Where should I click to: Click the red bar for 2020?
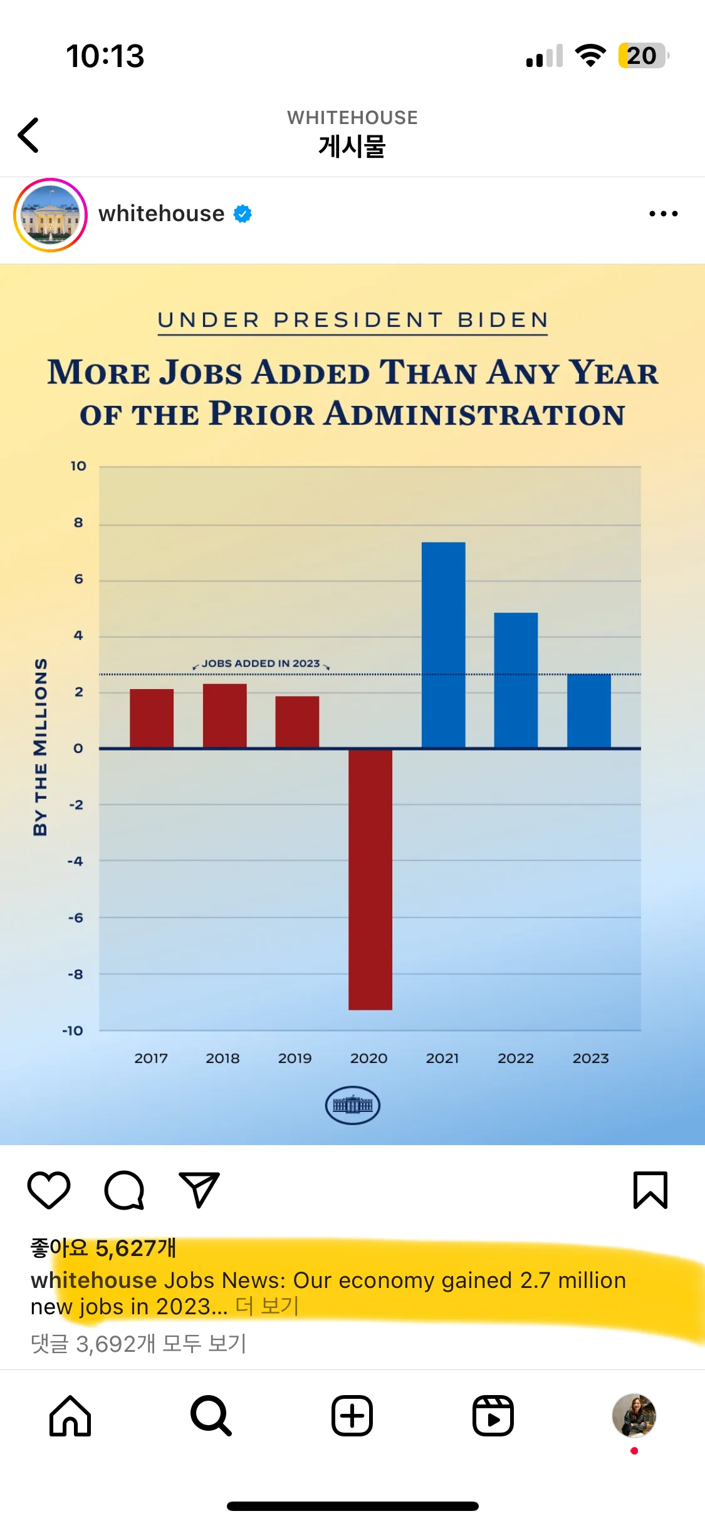point(370,879)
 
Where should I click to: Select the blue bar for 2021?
point(443,645)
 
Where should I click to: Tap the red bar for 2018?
point(224,715)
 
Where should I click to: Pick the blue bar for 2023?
point(589,711)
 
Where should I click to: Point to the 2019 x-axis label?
point(295,1058)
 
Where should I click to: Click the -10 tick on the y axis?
point(73,1030)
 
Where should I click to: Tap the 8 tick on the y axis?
point(78,522)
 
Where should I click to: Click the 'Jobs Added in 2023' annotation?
point(261,663)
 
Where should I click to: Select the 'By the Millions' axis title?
point(40,747)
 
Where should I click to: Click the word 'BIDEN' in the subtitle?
point(503,320)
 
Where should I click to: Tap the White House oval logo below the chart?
point(352,1105)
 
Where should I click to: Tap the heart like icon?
point(49,1190)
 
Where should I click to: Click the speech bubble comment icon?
point(124,1190)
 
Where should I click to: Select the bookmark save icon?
point(650,1190)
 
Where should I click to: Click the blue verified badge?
point(243,214)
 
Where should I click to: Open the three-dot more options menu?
point(663,214)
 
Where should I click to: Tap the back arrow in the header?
point(29,135)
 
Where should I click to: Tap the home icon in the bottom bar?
point(70,1416)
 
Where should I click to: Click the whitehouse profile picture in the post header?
point(50,215)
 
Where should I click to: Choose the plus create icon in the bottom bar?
point(352,1416)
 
